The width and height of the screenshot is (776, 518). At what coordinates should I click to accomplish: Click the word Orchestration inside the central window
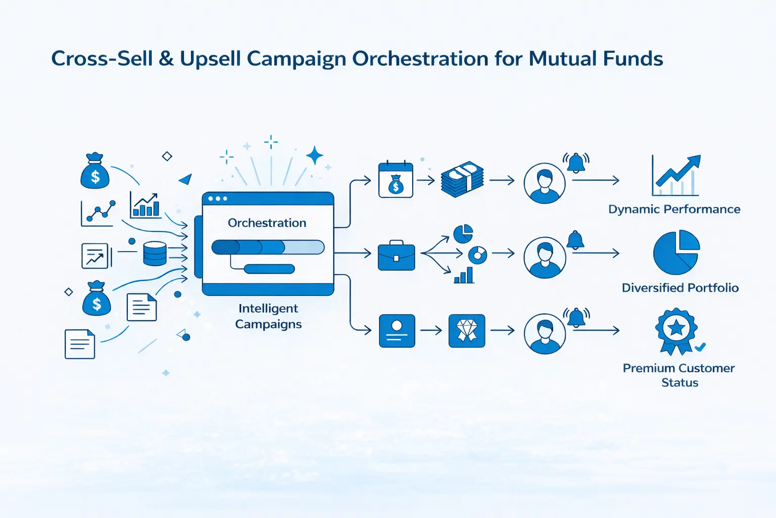[267, 223]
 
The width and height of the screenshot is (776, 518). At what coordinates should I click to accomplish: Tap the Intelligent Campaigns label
[268, 316]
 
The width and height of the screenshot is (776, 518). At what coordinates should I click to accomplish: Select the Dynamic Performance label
[674, 209]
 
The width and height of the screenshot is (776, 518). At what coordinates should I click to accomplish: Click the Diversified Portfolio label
[680, 288]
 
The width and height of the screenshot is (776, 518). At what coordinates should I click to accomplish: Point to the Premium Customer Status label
[678, 375]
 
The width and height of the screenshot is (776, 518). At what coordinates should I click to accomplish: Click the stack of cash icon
[462, 179]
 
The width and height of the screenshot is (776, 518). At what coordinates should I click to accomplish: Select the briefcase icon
[396, 255]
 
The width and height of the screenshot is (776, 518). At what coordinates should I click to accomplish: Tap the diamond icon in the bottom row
[467, 331]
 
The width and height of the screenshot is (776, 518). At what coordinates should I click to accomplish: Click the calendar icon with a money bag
[396, 180]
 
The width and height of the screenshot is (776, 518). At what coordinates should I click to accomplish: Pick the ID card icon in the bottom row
[397, 331]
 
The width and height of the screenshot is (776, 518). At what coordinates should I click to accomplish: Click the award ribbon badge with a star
[676, 331]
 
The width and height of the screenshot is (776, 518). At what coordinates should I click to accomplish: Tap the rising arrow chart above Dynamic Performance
[675, 175]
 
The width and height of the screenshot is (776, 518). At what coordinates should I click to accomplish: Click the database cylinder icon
[155, 253]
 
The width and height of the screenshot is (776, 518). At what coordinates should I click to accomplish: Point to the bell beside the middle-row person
[575, 240]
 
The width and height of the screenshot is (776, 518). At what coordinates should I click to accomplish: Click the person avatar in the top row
[544, 183]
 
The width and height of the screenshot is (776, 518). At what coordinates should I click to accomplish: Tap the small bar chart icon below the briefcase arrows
[464, 275]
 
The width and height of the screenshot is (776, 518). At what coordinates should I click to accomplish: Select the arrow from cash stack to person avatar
[502, 181]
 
